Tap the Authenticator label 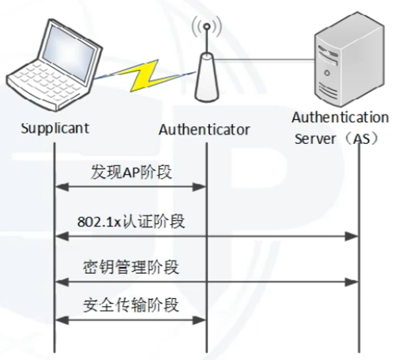click(x=204, y=129)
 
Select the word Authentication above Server click(x=340, y=117)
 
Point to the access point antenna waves click(x=206, y=26)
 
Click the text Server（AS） click(x=335, y=140)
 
